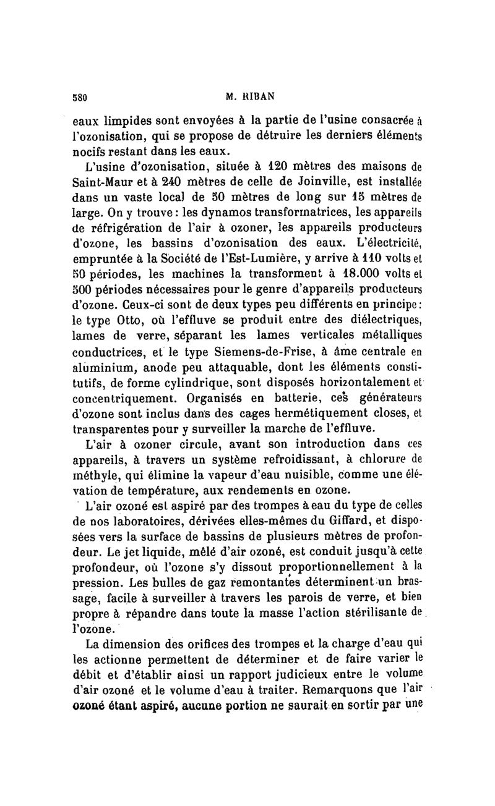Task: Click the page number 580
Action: [82, 96]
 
